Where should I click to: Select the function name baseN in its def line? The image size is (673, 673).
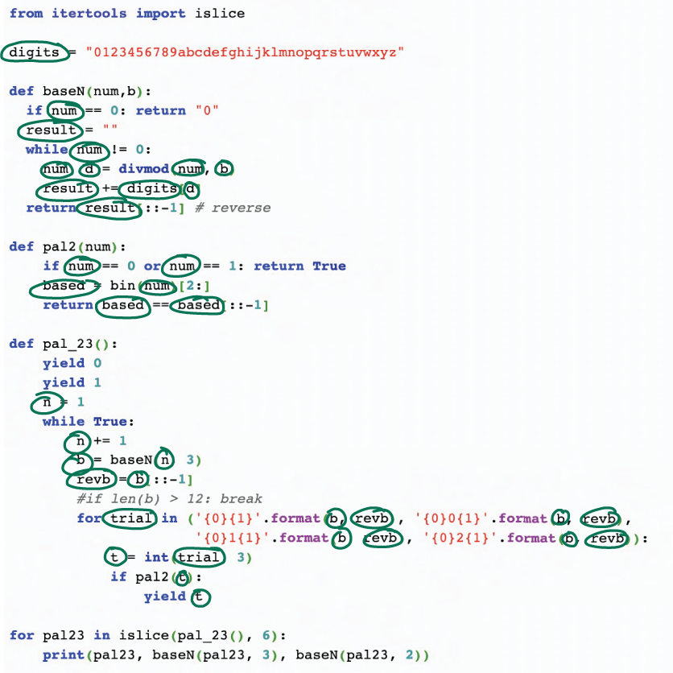pos(60,91)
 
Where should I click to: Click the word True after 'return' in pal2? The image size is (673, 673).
pos(328,266)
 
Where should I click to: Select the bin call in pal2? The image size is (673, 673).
pos(123,286)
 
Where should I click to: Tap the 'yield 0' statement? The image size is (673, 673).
pos(72,363)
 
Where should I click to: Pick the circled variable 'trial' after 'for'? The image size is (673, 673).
pos(131,518)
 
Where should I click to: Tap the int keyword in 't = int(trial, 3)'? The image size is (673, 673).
pos(156,557)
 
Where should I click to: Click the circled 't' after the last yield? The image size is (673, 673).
pos(200,597)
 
